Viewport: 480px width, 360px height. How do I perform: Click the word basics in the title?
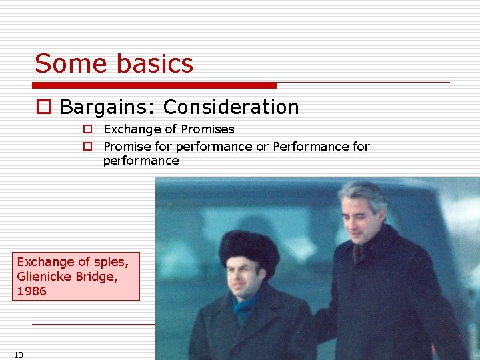coord(154,64)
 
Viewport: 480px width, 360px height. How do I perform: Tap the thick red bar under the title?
coord(154,85)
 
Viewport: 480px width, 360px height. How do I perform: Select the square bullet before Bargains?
coord(44,107)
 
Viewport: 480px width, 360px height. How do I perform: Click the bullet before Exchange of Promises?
coord(87,129)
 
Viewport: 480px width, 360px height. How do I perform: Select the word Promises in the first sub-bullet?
coord(206,129)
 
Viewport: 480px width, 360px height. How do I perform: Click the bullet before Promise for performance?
coord(87,147)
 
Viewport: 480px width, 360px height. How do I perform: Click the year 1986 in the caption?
coord(31,291)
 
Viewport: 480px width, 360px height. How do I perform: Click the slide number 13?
coord(18,355)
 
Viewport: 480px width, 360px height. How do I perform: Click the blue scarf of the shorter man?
coord(244,307)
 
